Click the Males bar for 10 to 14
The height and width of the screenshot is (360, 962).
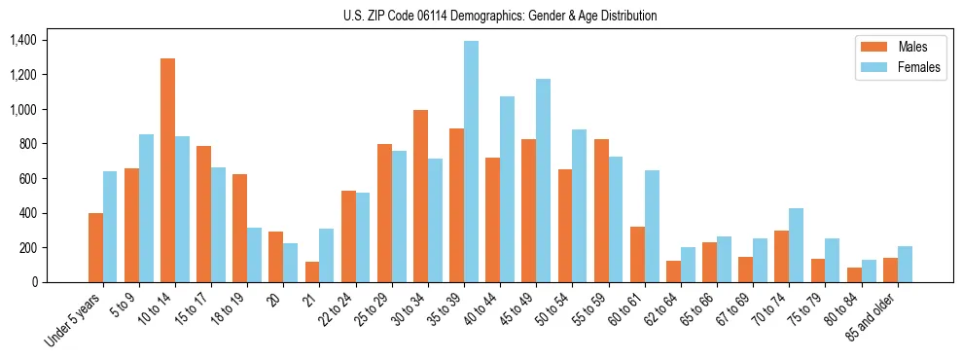(167, 170)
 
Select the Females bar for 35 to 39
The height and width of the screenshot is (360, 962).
(471, 162)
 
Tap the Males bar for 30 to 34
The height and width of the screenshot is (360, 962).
(420, 196)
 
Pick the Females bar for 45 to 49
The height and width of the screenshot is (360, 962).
(543, 180)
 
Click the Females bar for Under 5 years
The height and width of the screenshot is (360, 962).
(110, 227)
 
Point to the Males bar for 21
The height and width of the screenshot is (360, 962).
(312, 271)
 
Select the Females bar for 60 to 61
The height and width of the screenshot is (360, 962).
(652, 226)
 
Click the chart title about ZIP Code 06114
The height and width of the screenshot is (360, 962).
(500, 16)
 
